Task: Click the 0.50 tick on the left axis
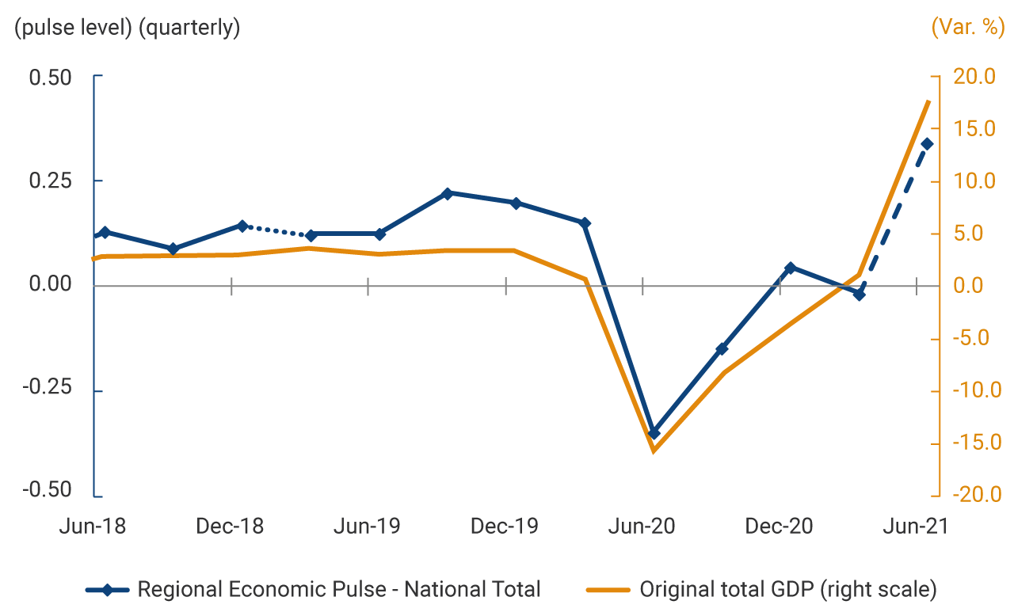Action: tap(50, 78)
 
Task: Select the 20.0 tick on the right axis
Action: tap(973, 77)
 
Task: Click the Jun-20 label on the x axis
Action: tap(643, 527)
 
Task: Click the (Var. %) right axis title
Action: tap(966, 28)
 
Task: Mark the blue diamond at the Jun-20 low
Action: tap(654, 433)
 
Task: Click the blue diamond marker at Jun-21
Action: tap(928, 143)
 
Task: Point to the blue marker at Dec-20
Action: tap(791, 268)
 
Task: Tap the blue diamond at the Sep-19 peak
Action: tap(448, 193)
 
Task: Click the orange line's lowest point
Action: tap(654, 451)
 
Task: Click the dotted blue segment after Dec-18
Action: tap(276, 230)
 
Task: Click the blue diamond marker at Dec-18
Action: tap(242, 226)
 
